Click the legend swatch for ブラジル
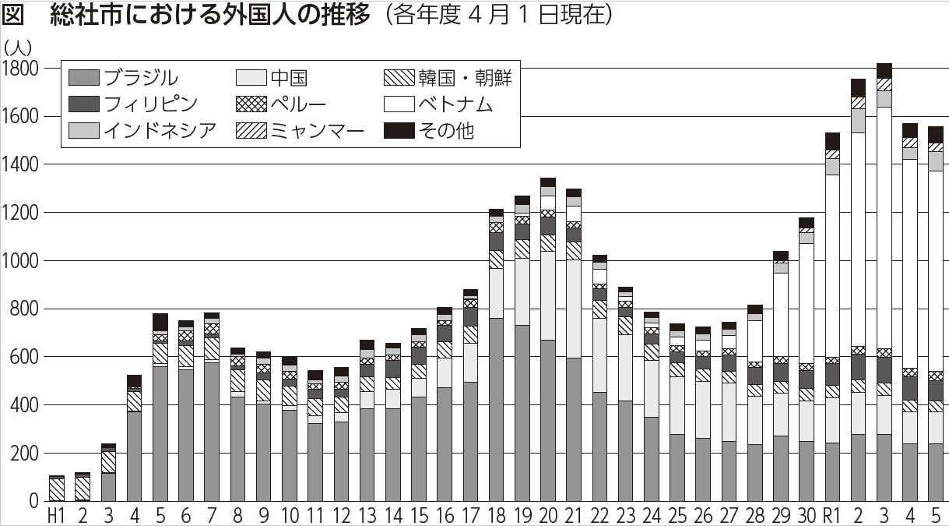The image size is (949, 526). click(84, 78)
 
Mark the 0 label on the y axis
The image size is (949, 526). click(33, 502)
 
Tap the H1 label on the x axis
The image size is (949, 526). click(56, 516)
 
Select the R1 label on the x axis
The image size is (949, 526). click(831, 516)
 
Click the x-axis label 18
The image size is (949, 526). click(496, 516)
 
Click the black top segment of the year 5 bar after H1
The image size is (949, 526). click(160, 322)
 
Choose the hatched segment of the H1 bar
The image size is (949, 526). click(56, 489)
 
